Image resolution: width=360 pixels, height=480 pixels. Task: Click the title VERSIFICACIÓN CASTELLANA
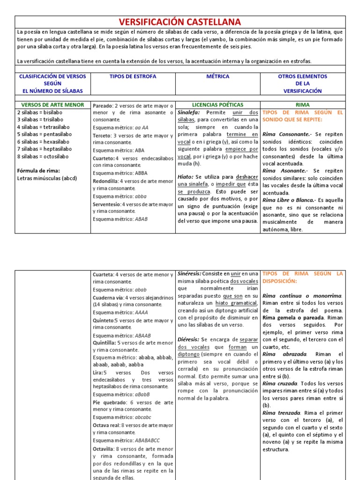pyautogui.click(x=180, y=22)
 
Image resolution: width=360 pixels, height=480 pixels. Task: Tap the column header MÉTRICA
pyautogui.click(x=218, y=76)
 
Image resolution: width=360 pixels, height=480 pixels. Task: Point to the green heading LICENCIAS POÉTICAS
pyautogui.click(x=218, y=105)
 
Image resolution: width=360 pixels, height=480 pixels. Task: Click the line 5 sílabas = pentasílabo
pyautogui.click(x=45, y=134)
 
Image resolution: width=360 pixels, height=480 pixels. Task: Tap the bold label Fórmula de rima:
pyautogui.click(x=38, y=171)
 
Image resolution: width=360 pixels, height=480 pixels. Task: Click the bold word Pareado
pyautogui.click(x=103, y=106)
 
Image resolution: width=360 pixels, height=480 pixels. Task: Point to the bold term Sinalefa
pyautogui.click(x=188, y=112)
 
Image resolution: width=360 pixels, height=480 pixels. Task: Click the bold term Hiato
pyautogui.click(x=185, y=176)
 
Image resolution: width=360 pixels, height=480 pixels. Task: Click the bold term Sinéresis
pyautogui.click(x=190, y=273)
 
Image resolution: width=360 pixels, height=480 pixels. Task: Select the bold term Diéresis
pyautogui.click(x=189, y=339)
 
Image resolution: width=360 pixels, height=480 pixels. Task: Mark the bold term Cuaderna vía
pyautogui.click(x=107, y=297)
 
